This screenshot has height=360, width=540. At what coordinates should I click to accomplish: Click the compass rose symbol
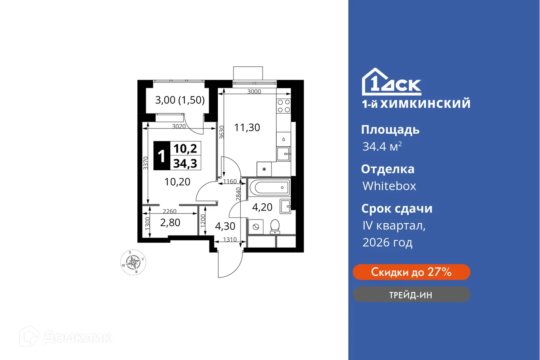[133, 262]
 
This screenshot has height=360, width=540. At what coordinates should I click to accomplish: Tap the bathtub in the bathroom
[269, 187]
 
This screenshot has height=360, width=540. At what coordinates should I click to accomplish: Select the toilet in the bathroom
[275, 226]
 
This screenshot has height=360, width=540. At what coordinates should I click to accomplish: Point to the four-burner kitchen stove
[283, 106]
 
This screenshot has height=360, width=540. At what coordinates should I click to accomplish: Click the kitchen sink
[283, 153]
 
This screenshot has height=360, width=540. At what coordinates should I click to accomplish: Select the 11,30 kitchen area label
[247, 128]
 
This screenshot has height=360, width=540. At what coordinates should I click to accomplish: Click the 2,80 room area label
[170, 222]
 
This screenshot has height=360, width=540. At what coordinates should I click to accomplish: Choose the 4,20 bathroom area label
[262, 207]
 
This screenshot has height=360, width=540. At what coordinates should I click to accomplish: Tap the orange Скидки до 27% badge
[411, 272]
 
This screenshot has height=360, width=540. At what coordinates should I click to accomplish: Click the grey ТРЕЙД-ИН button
[411, 294]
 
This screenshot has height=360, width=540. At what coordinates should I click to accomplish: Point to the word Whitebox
[389, 186]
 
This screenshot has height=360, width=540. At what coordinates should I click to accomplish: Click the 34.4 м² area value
[382, 147]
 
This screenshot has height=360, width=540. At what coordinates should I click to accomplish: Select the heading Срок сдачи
[397, 209]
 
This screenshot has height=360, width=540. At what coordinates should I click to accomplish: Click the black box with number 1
[162, 156]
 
